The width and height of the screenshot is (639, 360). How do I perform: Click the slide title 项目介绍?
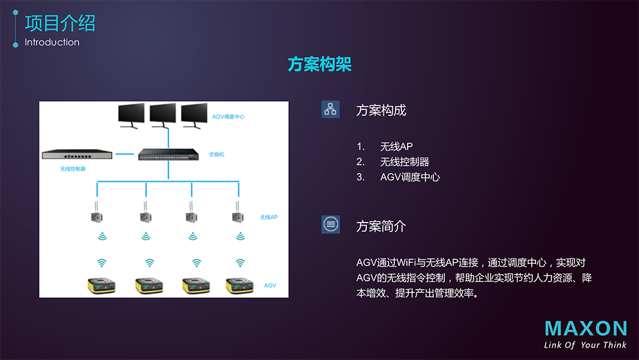[60, 23]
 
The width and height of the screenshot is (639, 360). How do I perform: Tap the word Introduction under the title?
[52, 42]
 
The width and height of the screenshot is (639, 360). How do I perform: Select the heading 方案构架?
[319, 65]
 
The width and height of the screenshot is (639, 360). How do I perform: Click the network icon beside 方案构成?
[330, 109]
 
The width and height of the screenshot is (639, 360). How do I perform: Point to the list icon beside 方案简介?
[330, 224]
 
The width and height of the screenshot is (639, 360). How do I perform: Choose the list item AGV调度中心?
[410, 177]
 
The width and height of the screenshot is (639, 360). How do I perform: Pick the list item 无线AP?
[396, 146]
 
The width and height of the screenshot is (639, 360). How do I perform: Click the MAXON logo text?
[585, 329]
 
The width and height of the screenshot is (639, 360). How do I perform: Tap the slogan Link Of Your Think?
[585, 345]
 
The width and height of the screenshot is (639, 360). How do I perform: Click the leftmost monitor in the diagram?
[133, 115]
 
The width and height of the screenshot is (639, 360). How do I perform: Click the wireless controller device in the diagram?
[77, 155]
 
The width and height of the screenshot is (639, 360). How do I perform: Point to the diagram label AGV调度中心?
[228, 117]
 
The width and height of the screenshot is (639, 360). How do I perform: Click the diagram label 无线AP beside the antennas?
[269, 217]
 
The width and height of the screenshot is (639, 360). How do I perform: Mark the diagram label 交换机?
[217, 155]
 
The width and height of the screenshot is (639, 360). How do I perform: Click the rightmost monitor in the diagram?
[195, 115]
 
